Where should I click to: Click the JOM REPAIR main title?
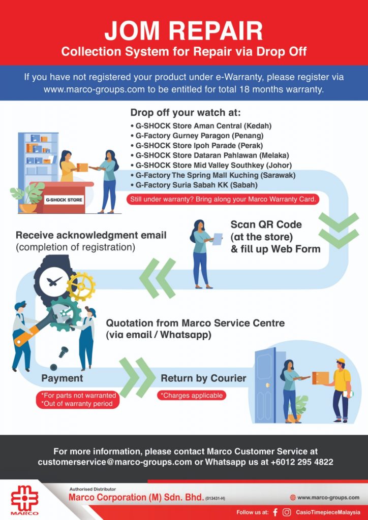pyautogui.click(x=183, y=31)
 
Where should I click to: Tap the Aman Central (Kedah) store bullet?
pyautogui.click(x=201, y=126)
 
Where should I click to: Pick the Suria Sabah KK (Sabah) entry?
pyautogui.click(x=194, y=185)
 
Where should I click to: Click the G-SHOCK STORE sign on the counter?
pyautogui.click(x=64, y=200)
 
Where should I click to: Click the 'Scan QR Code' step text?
pyautogui.click(x=266, y=224)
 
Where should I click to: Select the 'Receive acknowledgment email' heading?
pyautogui.click(x=91, y=235)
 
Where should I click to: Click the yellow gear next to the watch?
pyautogui.click(x=81, y=286)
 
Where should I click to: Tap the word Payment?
pyautogui.click(x=62, y=378)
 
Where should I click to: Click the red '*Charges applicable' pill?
pyautogui.click(x=192, y=395)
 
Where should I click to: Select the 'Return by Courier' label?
pyautogui.click(x=203, y=378)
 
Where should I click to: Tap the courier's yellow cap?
pyautogui.click(x=340, y=361)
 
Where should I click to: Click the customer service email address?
pyautogui.click(x=115, y=462)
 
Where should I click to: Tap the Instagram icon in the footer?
pyautogui.click(x=286, y=512)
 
